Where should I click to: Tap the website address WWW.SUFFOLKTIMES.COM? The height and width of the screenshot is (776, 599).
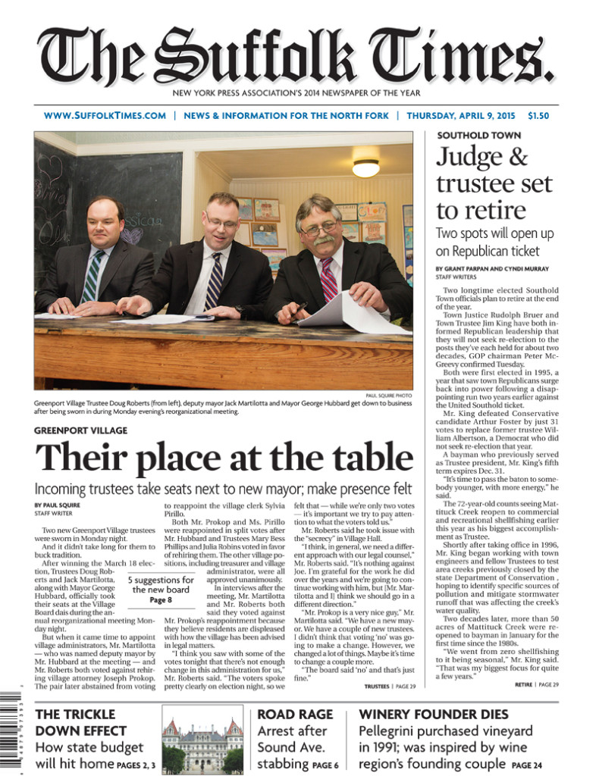(x=105, y=116)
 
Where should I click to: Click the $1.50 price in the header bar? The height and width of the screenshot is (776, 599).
(x=538, y=116)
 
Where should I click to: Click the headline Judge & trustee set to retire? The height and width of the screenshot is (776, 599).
(x=494, y=184)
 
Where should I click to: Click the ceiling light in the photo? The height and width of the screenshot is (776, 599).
(x=365, y=167)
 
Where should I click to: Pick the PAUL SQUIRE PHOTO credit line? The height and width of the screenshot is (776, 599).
(x=388, y=396)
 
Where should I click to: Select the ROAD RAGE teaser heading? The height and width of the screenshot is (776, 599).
(x=295, y=715)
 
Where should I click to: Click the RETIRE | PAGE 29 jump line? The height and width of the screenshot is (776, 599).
(x=534, y=684)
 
